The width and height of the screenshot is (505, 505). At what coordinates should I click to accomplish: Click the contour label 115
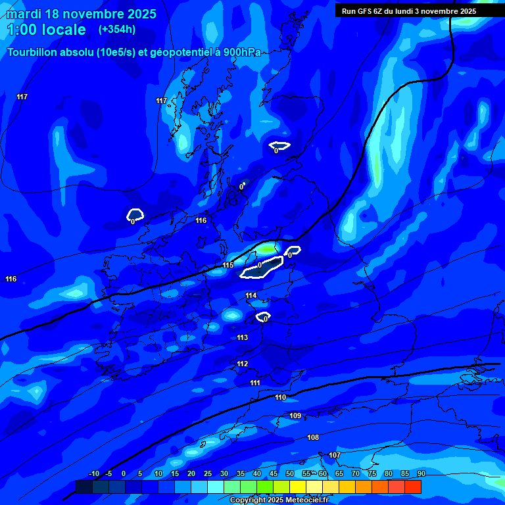point(228,265)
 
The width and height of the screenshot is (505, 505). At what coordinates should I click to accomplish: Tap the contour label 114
point(251,296)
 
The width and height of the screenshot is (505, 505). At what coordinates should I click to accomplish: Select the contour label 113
point(243,337)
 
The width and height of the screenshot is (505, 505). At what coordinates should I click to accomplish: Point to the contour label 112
point(243,364)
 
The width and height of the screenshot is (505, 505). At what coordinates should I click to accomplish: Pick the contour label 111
point(255,383)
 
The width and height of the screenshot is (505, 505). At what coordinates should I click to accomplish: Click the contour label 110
point(281,397)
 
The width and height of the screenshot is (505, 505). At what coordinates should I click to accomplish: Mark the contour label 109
point(295,416)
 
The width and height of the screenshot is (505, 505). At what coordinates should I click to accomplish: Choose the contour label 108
point(313,437)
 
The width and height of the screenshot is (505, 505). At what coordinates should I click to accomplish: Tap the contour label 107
point(335,455)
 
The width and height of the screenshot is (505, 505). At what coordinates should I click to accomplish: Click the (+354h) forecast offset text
point(117,29)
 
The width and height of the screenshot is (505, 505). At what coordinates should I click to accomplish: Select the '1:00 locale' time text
point(46,30)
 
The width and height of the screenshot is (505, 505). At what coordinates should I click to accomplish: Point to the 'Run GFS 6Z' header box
point(408,11)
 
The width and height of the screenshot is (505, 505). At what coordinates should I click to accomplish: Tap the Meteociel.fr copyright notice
point(279,500)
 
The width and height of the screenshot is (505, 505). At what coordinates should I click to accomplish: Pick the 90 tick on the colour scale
point(421,473)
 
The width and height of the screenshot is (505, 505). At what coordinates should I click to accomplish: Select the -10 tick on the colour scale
point(93,473)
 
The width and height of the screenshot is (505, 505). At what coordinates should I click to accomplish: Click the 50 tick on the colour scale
point(290,473)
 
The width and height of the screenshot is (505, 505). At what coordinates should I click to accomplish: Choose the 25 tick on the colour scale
point(208,473)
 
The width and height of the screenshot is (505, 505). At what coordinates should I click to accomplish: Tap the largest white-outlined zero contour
point(262,267)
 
